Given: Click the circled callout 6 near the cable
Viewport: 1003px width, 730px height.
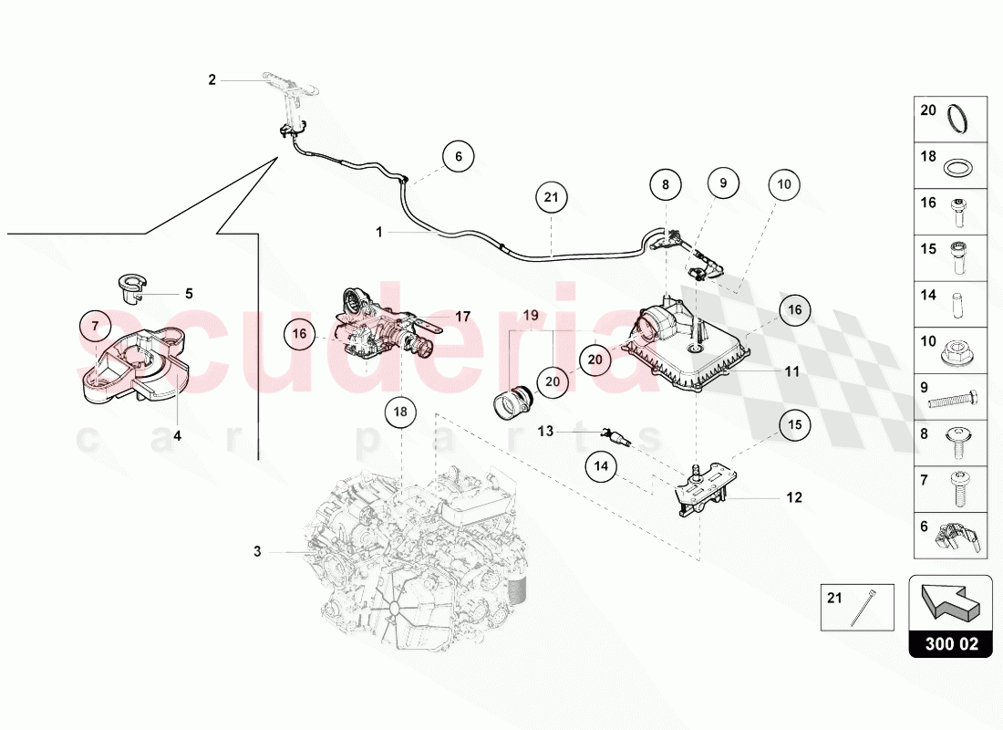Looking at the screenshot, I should coord(459,157).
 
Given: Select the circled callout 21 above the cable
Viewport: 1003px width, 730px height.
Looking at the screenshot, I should coord(551,196).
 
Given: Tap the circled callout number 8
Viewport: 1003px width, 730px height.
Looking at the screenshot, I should coord(666,184).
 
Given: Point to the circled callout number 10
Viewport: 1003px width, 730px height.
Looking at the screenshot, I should coord(782,184).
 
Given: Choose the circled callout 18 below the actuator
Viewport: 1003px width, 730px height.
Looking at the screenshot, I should coord(400,412).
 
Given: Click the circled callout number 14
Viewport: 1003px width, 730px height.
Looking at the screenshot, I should coord(601,466).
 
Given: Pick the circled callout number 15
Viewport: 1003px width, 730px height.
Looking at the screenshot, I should coord(794,424).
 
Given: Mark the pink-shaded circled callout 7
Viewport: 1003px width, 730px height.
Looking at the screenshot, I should coord(95,323).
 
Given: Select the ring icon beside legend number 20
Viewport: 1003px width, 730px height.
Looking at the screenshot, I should coord(958,119).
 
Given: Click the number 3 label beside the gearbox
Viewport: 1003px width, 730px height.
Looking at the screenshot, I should coord(257,551).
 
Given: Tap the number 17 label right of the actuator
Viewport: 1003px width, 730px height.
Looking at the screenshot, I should coord(462,318).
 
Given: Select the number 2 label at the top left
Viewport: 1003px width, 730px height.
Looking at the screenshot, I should coord(212,80).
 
